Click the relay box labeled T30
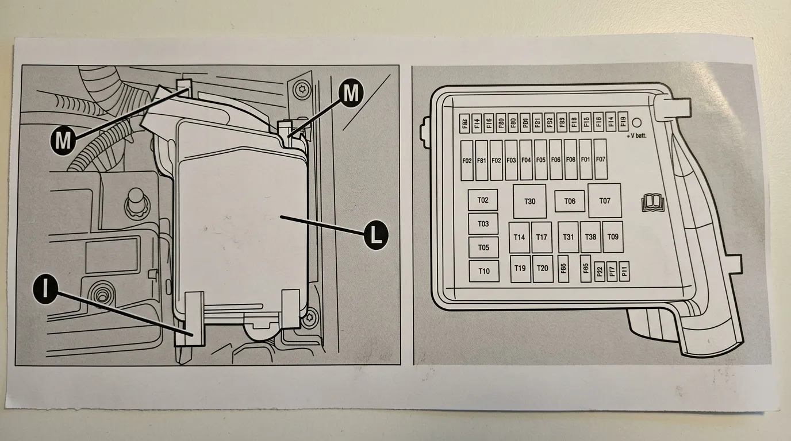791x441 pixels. pos(529,201)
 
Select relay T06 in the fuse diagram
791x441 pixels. pos(570,201)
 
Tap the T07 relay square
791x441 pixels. pos(604,200)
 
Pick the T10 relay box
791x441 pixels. pos(483,271)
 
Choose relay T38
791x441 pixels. pos(590,237)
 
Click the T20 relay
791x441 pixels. pos(542,268)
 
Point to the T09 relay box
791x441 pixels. pos(613,237)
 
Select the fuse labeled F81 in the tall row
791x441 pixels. pos(482,160)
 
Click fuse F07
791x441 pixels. pos(601,159)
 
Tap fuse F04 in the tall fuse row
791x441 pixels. pos(526,160)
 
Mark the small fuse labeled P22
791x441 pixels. pos(600,271)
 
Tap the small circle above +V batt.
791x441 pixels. pos(637,122)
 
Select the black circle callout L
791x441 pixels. pos(375,234)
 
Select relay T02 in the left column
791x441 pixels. pos(483,200)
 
